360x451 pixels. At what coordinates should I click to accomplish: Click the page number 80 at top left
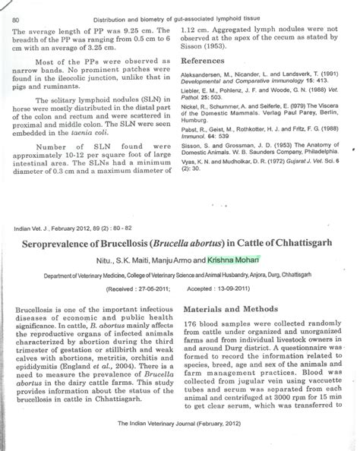pyautogui.click(x=17, y=18)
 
